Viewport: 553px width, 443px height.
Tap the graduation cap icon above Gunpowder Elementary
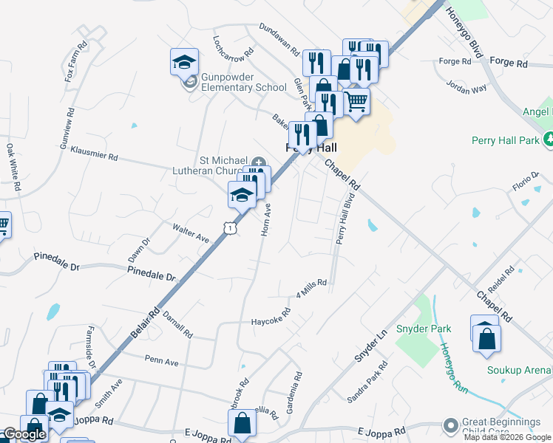pyautogui.click(x=184, y=62)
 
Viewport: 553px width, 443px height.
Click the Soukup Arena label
pyautogui.click(x=519, y=370)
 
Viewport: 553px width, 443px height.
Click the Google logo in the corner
pyautogui.click(x=24, y=434)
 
